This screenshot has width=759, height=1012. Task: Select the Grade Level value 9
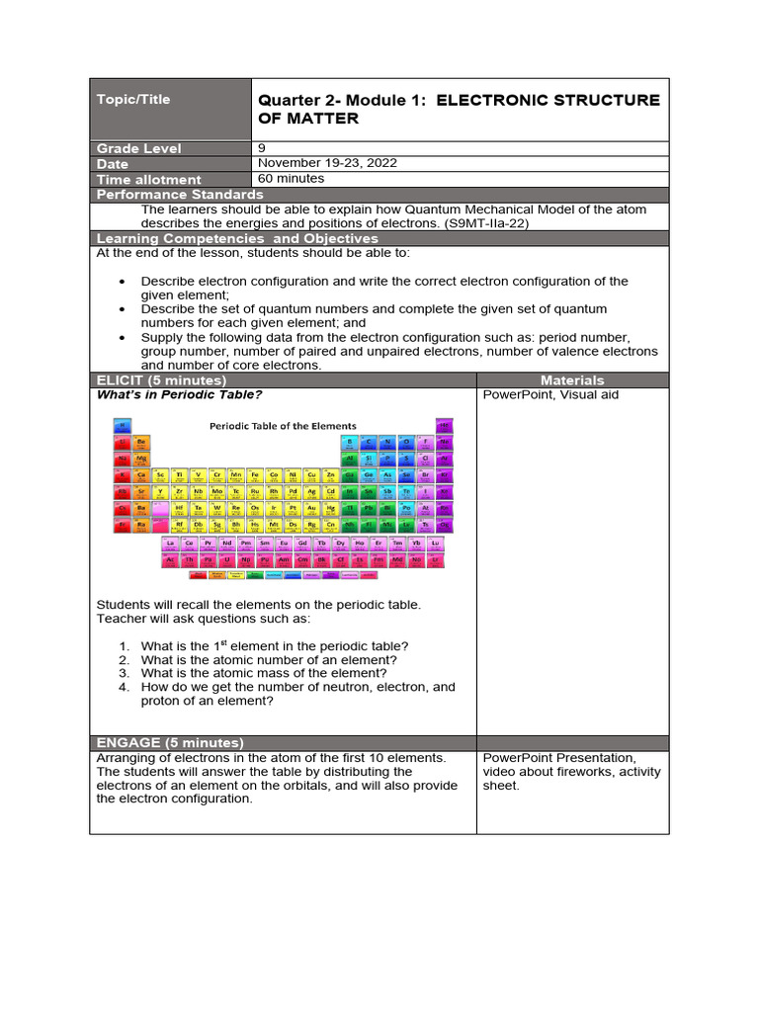(261, 148)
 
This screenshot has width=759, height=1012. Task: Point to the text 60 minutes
(292, 179)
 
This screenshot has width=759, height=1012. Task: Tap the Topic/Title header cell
(133, 99)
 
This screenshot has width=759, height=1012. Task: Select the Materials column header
(572, 380)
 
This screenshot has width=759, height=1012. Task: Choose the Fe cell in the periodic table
(255, 474)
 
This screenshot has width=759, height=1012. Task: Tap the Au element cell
(312, 507)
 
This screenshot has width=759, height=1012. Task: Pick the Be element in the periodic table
(141, 442)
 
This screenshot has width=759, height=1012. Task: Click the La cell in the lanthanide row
(170, 544)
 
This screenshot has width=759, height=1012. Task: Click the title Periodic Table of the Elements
(283, 426)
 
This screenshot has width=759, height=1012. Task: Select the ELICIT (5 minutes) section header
(161, 380)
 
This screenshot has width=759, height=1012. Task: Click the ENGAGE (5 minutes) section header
(170, 743)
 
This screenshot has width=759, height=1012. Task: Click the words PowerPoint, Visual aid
(549, 395)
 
